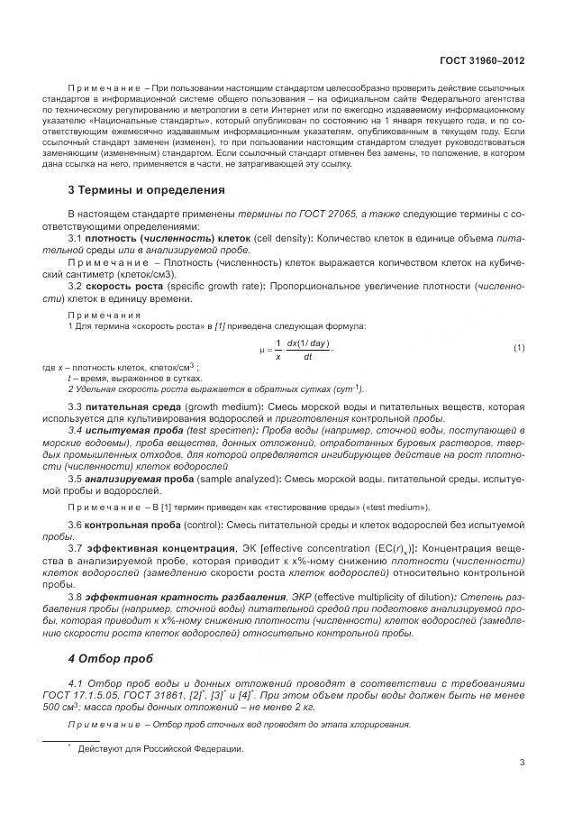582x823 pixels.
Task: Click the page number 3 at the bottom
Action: tap(523, 762)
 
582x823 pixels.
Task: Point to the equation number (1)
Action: tap(519, 348)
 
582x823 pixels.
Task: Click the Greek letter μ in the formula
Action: tap(261, 349)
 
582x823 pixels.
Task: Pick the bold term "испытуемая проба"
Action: tap(133, 431)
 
